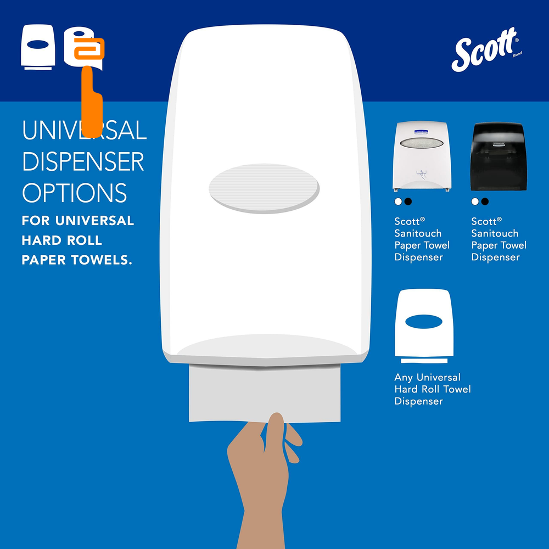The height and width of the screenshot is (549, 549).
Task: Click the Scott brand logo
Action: point(486,49)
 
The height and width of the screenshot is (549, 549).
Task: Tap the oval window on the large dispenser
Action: point(264,188)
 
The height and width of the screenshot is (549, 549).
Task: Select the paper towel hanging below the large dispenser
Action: point(265,393)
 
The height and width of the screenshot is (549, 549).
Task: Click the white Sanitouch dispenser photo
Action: point(422,156)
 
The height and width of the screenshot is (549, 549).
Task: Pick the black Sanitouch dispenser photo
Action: point(498,156)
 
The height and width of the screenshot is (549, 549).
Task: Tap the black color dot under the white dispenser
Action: point(408,201)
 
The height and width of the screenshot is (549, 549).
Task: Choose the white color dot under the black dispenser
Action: point(475,201)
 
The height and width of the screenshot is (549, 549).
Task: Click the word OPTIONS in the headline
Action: point(74,193)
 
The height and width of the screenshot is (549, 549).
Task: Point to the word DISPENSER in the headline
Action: point(83,161)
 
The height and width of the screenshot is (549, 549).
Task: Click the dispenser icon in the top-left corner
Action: point(38,47)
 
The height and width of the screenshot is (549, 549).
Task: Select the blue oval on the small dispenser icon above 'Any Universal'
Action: point(424,321)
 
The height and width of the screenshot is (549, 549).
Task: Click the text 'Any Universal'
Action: point(427,377)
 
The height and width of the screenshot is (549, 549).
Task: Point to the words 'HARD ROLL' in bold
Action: point(62,240)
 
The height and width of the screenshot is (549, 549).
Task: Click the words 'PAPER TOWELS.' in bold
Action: point(77,260)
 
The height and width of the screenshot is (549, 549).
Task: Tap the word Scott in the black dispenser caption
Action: point(486,221)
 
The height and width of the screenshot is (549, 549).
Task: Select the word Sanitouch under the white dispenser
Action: point(418,233)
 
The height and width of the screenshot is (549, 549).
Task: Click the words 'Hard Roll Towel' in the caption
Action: point(433,389)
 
